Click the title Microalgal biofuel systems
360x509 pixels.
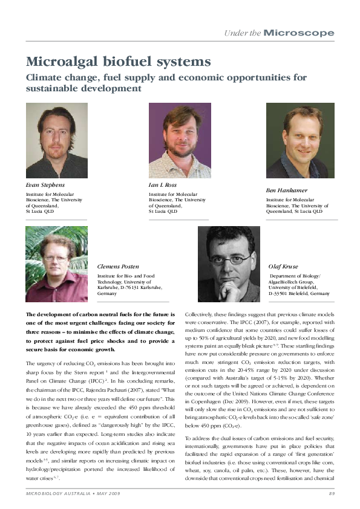click(x=118, y=62)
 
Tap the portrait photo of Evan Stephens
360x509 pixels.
click(x=56, y=140)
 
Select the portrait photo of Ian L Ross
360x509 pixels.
click(x=180, y=140)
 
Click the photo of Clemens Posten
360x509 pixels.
click(x=56, y=264)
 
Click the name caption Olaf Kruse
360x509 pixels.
click(x=284, y=266)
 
